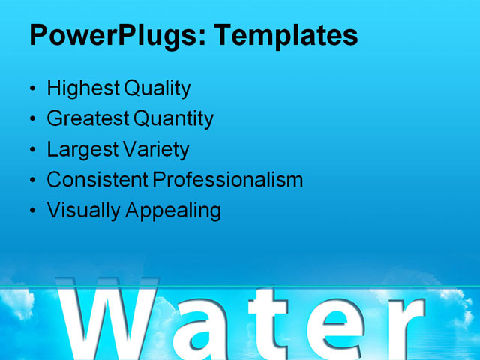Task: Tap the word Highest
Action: tap(83, 88)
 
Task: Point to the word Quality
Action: tap(157, 88)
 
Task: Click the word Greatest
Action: tap(88, 118)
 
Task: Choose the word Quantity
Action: tap(173, 118)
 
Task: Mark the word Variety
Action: tap(156, 149)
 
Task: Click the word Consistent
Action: tap(97, 180)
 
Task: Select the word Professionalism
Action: tap(228, 180)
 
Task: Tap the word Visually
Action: tap(84, 211)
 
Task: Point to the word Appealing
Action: tap(173, 211)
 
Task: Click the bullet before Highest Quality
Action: tap(31, 89)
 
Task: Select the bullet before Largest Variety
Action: tap(31, 150)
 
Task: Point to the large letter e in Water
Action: tap(337, 330)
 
